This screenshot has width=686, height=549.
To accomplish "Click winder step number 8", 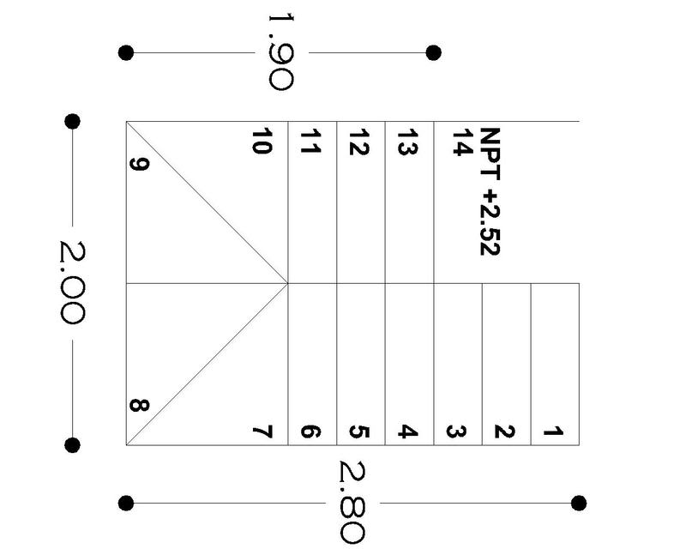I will [139, 404].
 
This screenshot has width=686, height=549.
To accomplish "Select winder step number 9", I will [140, 162].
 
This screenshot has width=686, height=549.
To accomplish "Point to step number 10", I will [262, 142].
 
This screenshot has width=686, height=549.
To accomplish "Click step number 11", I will [310, 142].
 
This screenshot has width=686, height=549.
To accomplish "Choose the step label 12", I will [359, 142].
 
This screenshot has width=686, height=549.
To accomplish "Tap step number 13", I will [407, 142].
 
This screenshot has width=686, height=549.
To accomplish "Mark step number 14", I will [462, 142].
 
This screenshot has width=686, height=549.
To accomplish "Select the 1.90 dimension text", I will [280, 51].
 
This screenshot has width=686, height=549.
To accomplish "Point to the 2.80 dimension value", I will [352, 502].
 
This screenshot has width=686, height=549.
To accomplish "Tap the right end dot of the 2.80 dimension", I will [579, 503].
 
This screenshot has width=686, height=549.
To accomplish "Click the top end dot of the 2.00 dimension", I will [72, 121].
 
